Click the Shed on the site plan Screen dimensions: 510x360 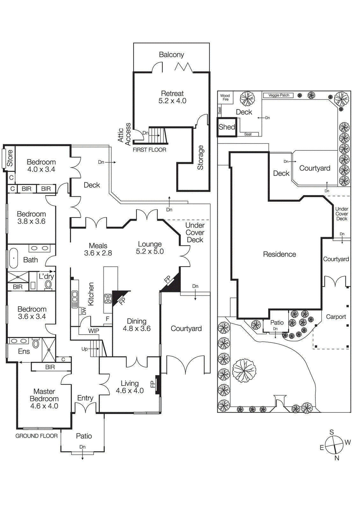click(x=227, y=127)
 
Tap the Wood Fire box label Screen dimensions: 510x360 click(x=225, y=98)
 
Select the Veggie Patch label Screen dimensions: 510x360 click(x=278, y=95)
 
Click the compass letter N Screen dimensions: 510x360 click(x=337, y=458)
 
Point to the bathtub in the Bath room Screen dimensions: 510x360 click(x=13, y=258)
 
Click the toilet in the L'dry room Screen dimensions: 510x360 click(x=48, y=284)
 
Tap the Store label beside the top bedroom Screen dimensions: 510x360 click(x=10, y=158)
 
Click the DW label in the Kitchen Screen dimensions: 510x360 click(x=84, y=311)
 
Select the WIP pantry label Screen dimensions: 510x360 click(x=93, y=331)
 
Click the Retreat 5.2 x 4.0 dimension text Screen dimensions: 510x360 click(x=172, y=101)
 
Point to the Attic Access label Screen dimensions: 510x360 click(x=124, y=134)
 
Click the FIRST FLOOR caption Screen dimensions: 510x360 click(x=149, y=150)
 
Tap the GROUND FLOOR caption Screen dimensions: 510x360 click(x=37, y=436)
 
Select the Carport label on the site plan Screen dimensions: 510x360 click(x=336, y=317)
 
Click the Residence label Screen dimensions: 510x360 click(x=279, y=254)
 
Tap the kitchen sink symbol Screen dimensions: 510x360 click(x=75, y=299)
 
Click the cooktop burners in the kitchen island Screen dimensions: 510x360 click(x=108, y=299)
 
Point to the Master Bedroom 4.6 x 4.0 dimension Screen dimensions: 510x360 click(x=44, y=406)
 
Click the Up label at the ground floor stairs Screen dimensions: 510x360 click(x=84, y=349)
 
